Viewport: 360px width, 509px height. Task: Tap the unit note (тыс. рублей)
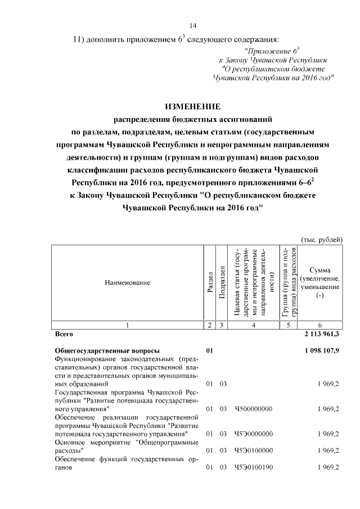point(322,240)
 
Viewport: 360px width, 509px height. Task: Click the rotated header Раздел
point(209,283)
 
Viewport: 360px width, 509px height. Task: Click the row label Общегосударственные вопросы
point(106,350)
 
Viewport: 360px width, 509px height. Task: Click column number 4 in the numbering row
point(254,325)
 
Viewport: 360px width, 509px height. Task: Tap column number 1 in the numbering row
point(128,325)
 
